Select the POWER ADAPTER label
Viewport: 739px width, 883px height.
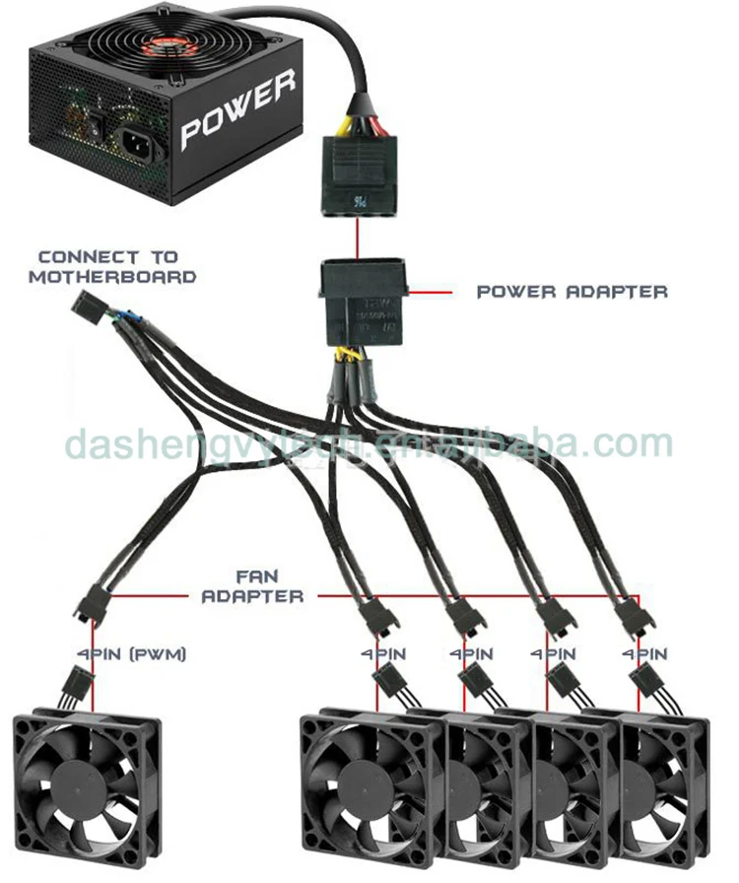pos(571,292)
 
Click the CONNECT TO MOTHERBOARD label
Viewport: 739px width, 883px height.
pos(111,267)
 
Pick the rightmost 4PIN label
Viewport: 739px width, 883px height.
pos(645,653)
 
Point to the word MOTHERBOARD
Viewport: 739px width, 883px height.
pos(111,277)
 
